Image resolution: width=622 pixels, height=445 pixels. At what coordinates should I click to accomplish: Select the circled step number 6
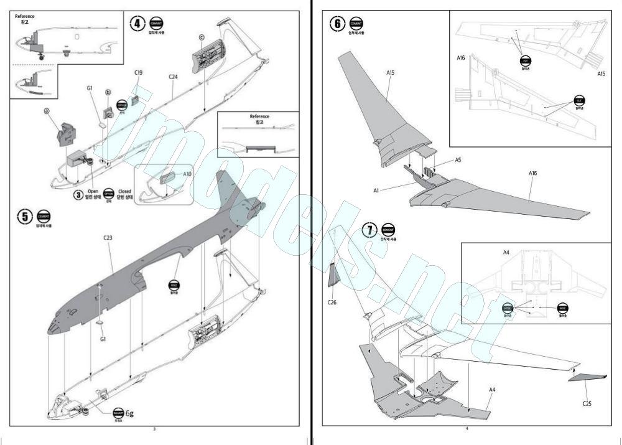click(x=337, y=24)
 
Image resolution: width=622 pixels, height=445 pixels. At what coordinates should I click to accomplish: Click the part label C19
click(x=139, y=73)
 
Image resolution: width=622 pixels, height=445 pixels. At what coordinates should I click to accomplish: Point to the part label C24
click(x=173, y=77)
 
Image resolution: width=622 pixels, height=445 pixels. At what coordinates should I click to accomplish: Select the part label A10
click(x=187, y=174)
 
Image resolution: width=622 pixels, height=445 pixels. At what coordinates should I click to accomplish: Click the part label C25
click(x=587, y=403)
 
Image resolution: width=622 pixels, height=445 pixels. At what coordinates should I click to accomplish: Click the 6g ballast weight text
click(x=130, y=413)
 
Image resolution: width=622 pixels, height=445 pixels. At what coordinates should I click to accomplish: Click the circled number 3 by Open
click(x=79, y=195)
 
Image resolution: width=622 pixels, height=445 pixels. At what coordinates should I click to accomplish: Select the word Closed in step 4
click(x=124, y=191)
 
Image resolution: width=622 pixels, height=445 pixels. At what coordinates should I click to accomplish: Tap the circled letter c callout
click(x=202, y=37)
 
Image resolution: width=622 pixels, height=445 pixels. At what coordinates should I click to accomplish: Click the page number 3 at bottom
click(x=154, y=428)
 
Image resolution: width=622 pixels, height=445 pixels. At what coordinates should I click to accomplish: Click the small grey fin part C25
click(x=587, y=377)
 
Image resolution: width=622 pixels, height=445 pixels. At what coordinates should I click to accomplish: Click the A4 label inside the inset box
click(x=506, y=252)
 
